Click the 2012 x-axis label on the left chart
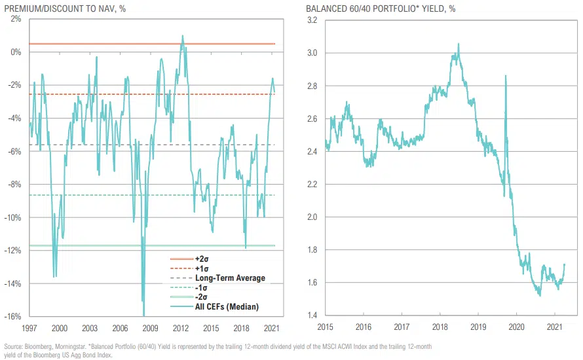181,327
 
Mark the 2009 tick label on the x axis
151,327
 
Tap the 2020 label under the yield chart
516,327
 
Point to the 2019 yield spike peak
505,76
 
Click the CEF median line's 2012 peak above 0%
182,36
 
